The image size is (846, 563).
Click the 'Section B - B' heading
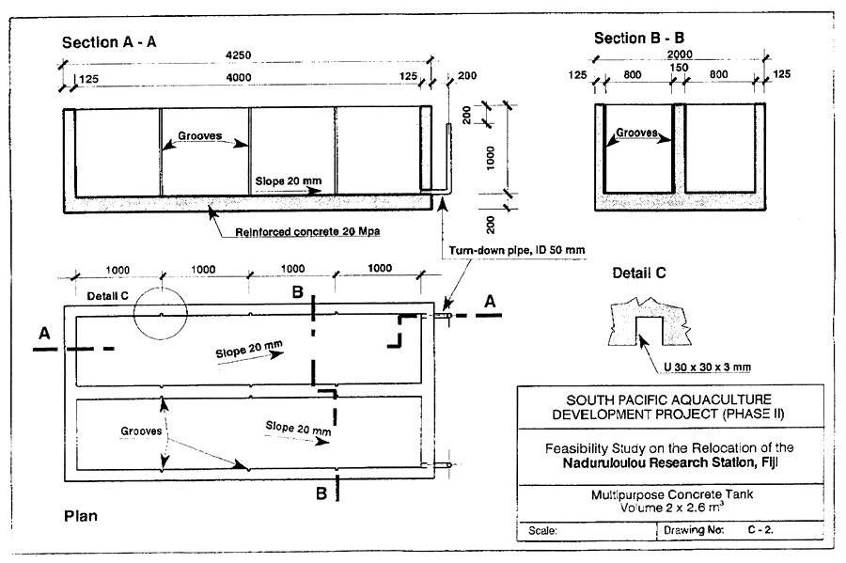point(639,38)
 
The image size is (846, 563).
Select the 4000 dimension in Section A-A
point(243,78)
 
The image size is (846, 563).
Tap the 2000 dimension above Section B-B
point(678,55)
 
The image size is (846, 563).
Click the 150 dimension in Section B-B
point(679,67)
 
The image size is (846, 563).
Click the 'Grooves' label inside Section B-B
point(638,133)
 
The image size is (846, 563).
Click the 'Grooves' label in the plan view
point(139,433)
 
